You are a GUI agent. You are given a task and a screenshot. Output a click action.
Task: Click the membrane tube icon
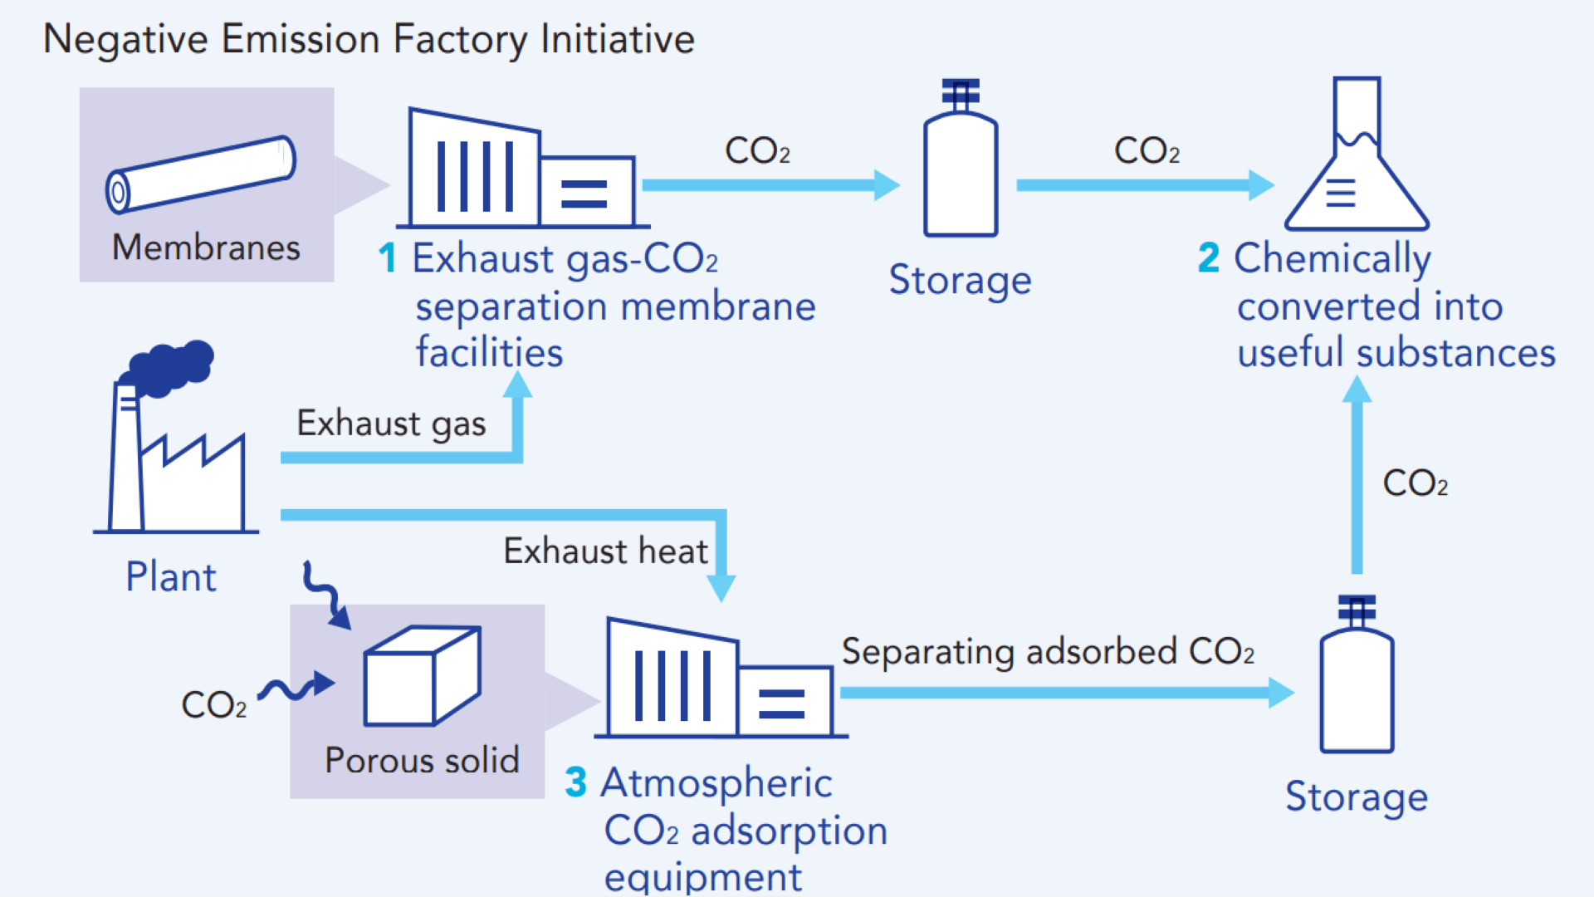[201, 174]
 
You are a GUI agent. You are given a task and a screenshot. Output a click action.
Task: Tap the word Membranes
[206, 248]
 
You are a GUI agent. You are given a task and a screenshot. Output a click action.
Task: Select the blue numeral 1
[387, 257]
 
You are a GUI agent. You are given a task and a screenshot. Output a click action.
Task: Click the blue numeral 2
[1209, 257]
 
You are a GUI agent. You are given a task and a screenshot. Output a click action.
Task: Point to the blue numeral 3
[575, 782]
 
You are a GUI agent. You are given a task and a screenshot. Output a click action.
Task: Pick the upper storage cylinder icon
[961, 162]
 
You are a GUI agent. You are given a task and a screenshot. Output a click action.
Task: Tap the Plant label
[170, 577]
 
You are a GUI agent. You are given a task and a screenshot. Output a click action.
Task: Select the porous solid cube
[422, 677]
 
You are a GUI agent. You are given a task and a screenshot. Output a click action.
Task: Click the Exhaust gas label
[391, 424]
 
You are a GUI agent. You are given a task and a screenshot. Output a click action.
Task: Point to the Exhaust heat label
[605, 551]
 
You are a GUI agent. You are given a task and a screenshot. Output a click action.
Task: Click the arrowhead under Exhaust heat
[721, 588]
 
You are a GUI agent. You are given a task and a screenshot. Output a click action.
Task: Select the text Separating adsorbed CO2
[1048, 652]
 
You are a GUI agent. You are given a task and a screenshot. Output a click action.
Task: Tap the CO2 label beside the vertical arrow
[1415, 483]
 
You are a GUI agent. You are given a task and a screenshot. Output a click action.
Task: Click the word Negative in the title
[125, 40]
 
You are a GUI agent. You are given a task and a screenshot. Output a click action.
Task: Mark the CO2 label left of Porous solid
[213, 705]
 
